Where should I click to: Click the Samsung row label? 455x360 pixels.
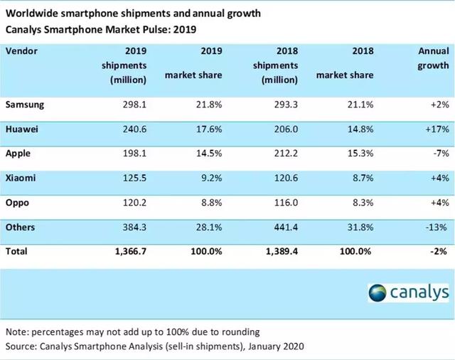26,104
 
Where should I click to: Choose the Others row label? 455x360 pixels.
21,226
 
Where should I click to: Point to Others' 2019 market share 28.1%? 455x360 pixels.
207,226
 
